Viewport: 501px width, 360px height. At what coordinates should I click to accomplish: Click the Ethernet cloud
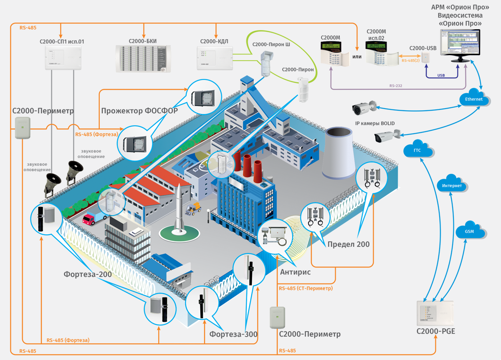(x=473, y=99)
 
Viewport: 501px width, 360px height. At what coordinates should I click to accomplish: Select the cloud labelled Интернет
(x=452, y=185)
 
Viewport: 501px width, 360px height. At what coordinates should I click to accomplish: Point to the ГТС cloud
(x=418, y=150)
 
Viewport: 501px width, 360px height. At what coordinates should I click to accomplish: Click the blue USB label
(x=441, y=76)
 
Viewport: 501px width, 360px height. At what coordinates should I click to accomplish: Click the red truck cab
(x=89, y=219)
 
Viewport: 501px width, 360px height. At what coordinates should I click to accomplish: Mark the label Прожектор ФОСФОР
(x=139, y=111)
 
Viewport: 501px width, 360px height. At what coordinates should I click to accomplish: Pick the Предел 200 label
(x=349, y=244)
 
